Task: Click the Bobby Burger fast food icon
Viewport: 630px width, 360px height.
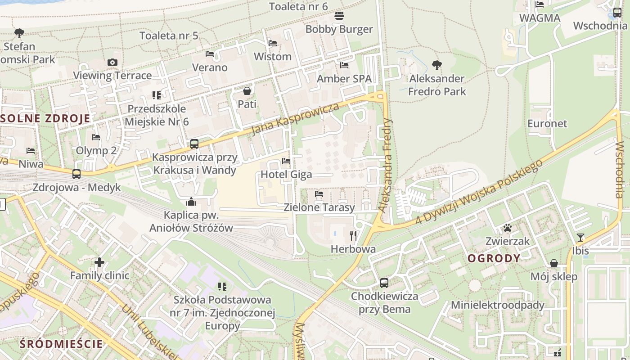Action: [339, 16]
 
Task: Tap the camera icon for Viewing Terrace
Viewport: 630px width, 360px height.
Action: [112, 62]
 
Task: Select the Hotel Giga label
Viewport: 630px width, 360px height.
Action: [286, 174]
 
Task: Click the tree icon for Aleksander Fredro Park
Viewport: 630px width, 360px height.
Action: [436, 65]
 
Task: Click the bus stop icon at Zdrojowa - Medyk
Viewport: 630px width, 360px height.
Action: [76, 174]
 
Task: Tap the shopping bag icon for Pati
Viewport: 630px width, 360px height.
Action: [247, 91]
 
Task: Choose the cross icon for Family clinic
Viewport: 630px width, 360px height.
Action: [99, 262]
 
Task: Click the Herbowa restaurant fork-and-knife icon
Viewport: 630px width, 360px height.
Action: [353, 235]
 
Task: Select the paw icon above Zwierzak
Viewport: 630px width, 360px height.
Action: [508, 228]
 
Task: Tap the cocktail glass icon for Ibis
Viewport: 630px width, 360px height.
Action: [580, 237]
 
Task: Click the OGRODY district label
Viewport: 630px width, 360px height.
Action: [494, 258]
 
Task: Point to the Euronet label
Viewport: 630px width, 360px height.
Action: [547, 123]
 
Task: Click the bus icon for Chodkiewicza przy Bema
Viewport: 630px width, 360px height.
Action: [384, 283]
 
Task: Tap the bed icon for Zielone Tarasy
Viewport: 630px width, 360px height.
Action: [319, 194]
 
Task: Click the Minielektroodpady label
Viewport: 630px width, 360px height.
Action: [498, 305]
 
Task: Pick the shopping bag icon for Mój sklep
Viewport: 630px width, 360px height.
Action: [554, 263]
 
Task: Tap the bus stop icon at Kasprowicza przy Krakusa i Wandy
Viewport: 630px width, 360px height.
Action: [194, 144]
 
